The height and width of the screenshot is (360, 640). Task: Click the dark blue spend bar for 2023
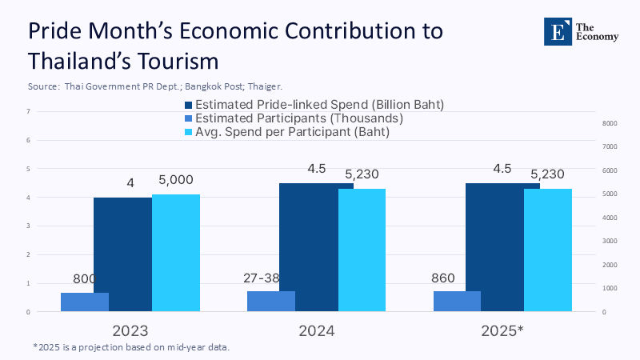click(122, 254)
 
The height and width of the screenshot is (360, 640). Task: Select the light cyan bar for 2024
click(362, 250)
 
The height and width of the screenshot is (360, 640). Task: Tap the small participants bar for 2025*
click(457, 301)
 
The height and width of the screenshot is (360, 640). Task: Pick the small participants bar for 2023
click(85, 302)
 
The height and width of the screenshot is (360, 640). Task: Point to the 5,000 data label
click(176, 181)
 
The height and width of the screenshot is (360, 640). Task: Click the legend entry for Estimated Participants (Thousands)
click(294, 118)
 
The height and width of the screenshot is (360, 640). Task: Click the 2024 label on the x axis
click(316, 330)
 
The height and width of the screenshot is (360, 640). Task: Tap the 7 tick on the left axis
click(29, 111)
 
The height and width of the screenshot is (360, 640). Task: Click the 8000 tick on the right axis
click(610, 123)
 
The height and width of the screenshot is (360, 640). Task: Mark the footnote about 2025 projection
click(137, 347)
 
